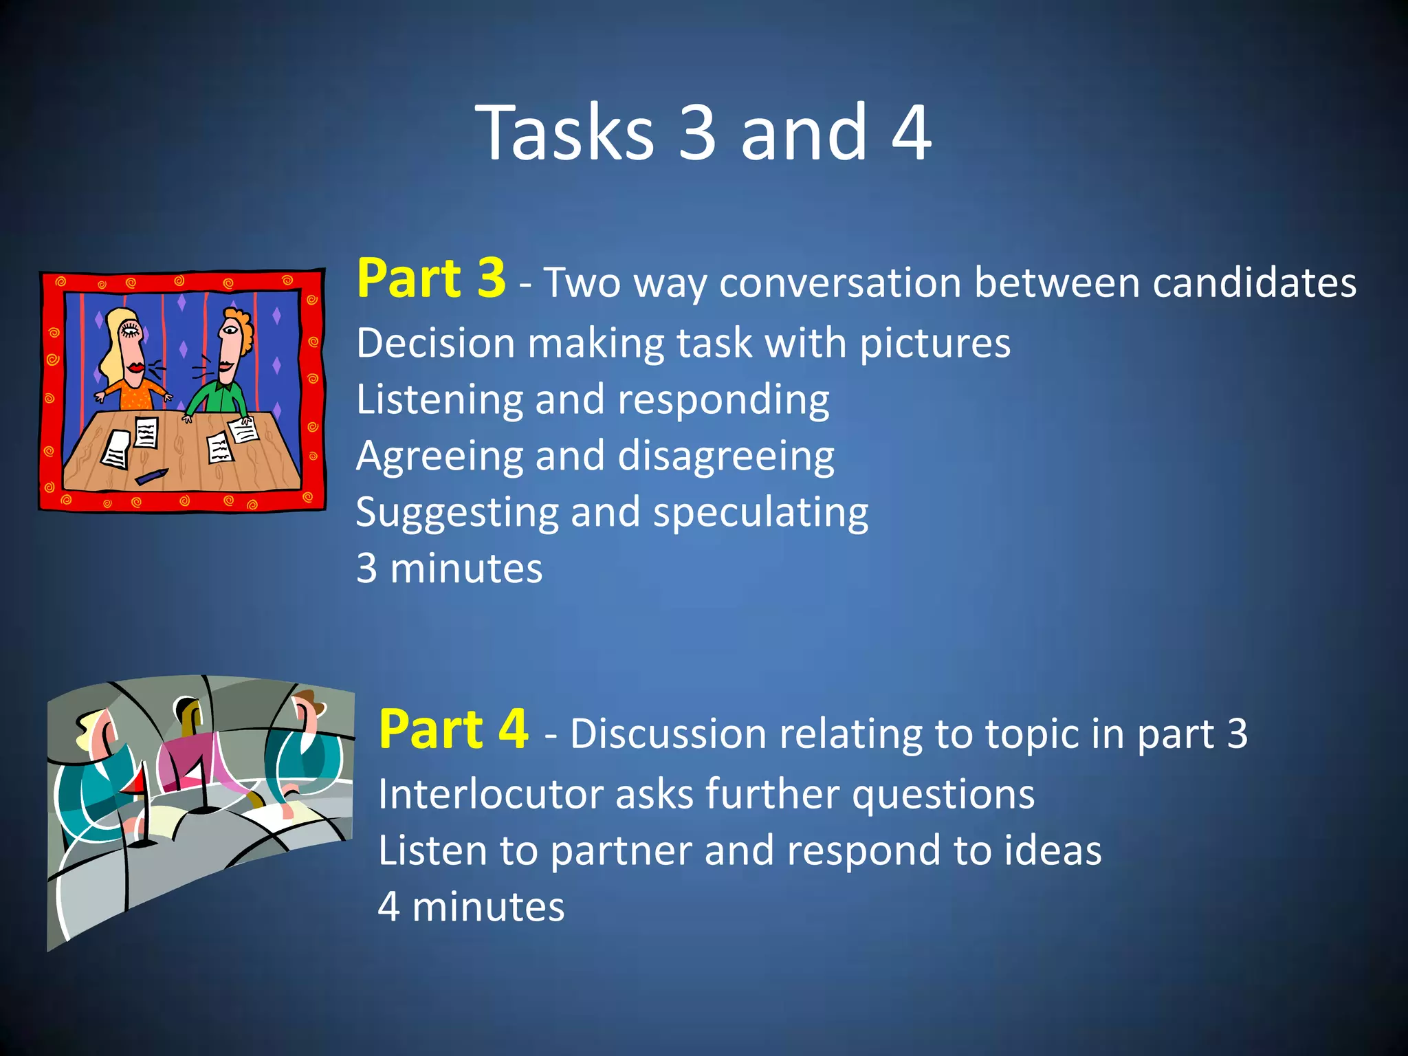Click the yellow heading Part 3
tap(431, 278)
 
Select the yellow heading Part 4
tap(453, 729)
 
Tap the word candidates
tap(1254, 283)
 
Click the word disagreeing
tap(725, 456)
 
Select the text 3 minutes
tap(449, 569)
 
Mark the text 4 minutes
tap(471, 907)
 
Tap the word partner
tap(621, 851)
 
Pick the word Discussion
tap(668, 734)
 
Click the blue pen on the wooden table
tap(151, 476)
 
